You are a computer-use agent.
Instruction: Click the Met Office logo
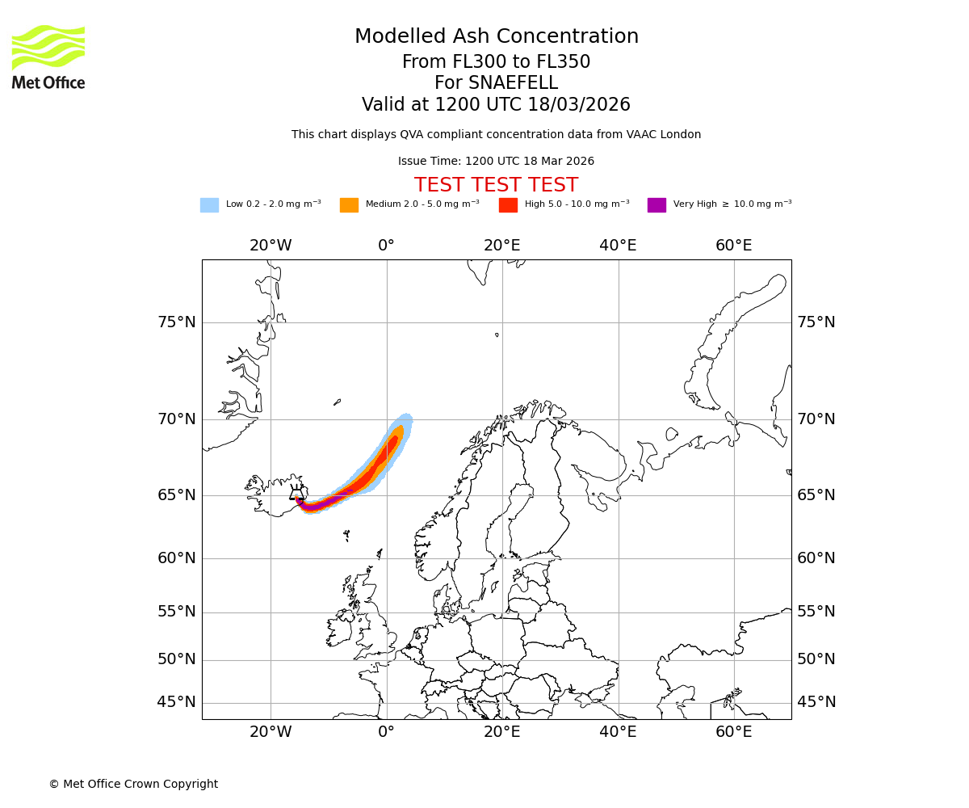pyautogui.click(x=48, y=57)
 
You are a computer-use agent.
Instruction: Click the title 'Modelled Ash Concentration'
pyautogui.click(x=497, y=37)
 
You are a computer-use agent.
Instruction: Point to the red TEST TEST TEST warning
pyautogui.click(x=496, y=185)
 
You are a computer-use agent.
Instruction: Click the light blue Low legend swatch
pyautogui.click(x=209, y=205)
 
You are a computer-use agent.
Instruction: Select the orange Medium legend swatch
pyautogui.click(x=349, y=205)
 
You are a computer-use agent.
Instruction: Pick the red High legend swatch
pyautogui.click(x=508, y=205)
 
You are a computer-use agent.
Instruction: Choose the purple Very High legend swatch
pyautogui.click(x=656, y=205)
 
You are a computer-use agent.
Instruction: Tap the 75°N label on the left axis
pyautogui.click(x=177, y=322)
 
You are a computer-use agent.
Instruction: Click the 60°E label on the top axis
pyautogui.click(x=733, y=246)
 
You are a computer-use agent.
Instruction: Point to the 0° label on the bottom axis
pyautogui.click(x=386, y=732)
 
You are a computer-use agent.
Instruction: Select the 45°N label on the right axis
pyautogui.click(x=816, y=702)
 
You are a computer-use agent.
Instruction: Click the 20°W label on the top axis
pyautogui.click(x=271, y=246)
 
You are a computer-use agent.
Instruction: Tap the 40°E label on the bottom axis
pyautogui.click(x=618, y=732)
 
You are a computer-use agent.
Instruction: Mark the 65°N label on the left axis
pyautogui.click(x=177, y=495)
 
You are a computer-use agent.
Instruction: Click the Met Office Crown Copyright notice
pyautogui.click(x=133, y=784)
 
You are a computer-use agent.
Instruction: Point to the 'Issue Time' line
pyautogui.click(x=496, y=162)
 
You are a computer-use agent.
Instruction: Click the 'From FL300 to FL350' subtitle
pyautogui.click(x=496, y=62)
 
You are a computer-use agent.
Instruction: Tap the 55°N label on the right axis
pyautogui.click(x=816, y=612)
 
